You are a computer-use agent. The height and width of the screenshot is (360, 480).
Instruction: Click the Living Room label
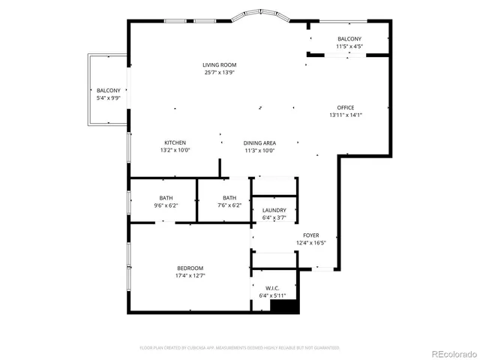point(219,65)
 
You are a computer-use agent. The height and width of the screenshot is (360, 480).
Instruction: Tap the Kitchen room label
point(175,142)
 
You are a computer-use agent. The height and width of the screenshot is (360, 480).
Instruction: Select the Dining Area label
point(259,142)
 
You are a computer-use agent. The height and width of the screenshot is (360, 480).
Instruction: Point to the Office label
point(345,107)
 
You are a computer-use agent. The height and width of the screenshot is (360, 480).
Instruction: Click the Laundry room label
point(274,211)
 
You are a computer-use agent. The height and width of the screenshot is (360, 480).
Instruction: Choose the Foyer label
point(310,235)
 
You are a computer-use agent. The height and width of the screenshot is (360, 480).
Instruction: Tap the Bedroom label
point(190,268)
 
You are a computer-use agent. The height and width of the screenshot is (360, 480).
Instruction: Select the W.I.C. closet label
point(272,288)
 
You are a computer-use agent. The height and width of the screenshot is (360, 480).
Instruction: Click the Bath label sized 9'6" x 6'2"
point(165,198)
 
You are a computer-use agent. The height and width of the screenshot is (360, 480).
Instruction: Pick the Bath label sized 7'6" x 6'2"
point(229,198)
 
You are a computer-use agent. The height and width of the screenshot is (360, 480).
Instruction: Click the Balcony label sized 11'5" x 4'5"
point(349,39)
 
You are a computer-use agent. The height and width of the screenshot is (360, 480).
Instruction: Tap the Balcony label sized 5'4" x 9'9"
point(108,91)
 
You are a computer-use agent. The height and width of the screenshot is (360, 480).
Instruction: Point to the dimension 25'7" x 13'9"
point(219,73)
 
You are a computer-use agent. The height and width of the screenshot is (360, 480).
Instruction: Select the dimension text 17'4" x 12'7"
point(190,275)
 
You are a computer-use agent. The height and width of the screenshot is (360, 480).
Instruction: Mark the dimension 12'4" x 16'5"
point(310,242)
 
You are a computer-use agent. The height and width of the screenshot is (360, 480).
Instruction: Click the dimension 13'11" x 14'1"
point(345,115)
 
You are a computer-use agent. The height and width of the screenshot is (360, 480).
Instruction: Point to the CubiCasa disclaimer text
point(240,348)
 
